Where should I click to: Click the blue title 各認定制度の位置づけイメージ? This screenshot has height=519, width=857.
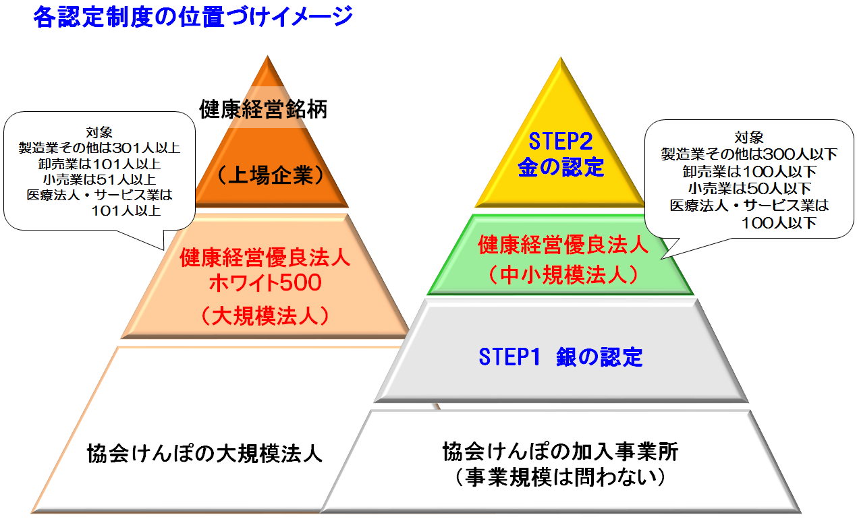193,18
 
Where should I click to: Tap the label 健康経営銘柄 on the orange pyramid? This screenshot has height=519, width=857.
263,109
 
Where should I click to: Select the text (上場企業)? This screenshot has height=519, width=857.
271,175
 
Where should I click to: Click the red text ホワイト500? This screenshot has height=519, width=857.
265,283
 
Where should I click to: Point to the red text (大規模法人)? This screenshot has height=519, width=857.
265,316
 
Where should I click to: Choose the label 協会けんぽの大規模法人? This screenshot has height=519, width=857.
204,454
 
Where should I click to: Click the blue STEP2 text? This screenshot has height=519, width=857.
561,141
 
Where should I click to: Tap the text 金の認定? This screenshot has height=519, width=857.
561,167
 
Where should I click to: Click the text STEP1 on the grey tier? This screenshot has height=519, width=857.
509,357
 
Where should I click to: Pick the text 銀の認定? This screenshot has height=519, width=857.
599,357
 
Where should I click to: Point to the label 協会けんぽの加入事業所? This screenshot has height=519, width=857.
561,452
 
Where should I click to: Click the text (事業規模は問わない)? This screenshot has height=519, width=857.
561,477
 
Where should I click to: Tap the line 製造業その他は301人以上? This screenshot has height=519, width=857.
99,148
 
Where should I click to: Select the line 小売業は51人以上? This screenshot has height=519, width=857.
99,179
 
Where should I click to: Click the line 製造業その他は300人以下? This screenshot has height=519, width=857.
749,154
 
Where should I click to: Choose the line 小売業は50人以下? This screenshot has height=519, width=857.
749,189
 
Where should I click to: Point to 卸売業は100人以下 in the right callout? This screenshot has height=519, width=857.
749,172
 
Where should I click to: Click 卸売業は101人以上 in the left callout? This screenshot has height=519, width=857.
99,164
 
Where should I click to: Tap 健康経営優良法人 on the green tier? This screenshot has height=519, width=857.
563,245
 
